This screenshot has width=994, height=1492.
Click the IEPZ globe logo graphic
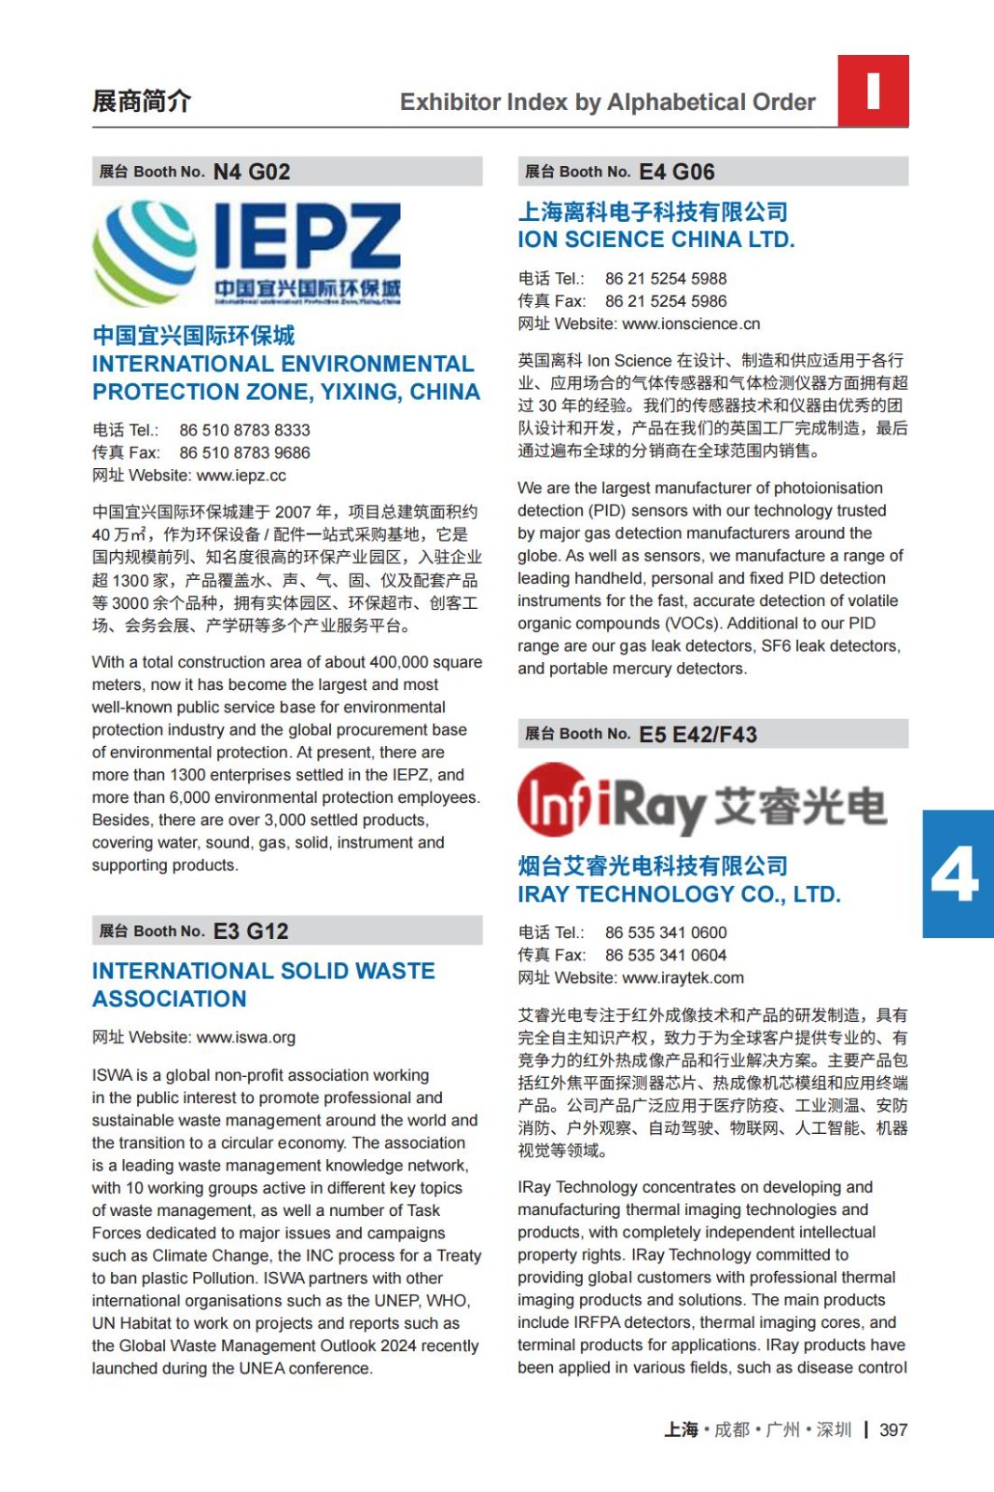click(x=145, y=253)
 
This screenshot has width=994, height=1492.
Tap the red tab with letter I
click(x=873, y=90)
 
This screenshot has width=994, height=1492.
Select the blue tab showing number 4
click(x=958, y=874)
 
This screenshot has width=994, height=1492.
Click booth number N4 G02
click(x=252, y=173)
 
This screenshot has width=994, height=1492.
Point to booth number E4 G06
click(x=677, y=173)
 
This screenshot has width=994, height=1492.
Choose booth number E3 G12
click(x=251, y=932)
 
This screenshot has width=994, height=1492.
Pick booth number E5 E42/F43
click(x=698, y=735)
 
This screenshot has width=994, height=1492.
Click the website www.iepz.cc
click(x=242, y=476)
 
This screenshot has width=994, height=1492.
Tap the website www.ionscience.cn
click(x=691, y=324)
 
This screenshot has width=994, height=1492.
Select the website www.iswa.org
click(x=246, y=1037)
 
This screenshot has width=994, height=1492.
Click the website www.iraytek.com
click(x=683, y=978)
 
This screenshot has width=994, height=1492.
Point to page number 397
click(x=893, y=1430)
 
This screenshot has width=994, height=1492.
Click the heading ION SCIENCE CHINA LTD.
click(x=656, y=240)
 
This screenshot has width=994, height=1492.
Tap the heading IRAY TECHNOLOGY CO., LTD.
click(x=679, y=894)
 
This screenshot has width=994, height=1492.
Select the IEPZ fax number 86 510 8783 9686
click(x=244, y=453)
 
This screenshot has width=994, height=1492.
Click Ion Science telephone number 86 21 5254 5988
click(x=666, y=279)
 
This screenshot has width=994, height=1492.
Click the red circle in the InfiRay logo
click(x=553, y=799)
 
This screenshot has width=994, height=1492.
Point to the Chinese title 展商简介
click(x=142, y=101)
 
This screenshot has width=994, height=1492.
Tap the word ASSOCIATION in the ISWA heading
click(x=170, y=999)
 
